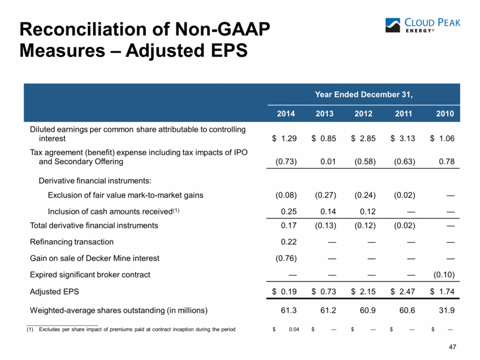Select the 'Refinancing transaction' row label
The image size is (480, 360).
click(x=72, y=242)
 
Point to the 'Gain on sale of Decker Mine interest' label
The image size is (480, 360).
click(x=95, y=258)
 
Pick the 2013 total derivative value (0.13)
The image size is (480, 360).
click(x=326, y=225)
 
